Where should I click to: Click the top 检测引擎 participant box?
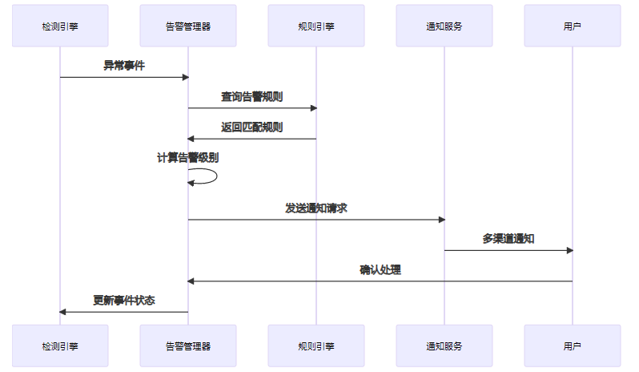(x=60, y=26)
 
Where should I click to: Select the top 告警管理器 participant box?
(x=188, y=26)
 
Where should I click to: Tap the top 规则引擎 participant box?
(x=316, y=26)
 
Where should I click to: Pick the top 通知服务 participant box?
(x=444, y=26)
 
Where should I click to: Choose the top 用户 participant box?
(x=573, y=26)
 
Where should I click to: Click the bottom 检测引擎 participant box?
(x=60, y=346)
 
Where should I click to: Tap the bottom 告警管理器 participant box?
(x=188, y=346)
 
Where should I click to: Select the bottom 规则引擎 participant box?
(x=316, y=346)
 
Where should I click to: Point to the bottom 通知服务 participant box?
(x=444, y=346)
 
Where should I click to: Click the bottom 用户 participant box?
(x=573, y=346)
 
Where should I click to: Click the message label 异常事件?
(x=124, y=66)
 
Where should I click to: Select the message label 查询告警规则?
(x=252, y=97)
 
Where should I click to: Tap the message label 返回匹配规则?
(x=252, y=127)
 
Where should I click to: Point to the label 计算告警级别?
(x=187, y=158)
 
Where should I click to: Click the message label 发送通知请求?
(x=316, y=208)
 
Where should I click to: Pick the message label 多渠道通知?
(x=508, y=239)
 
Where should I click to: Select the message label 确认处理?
(x=380, y=270)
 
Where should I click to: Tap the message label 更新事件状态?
(x=124, y=301)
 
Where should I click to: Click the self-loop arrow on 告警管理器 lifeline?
(x=215, y=176)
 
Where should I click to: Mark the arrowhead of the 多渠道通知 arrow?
(x=569, y=250)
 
